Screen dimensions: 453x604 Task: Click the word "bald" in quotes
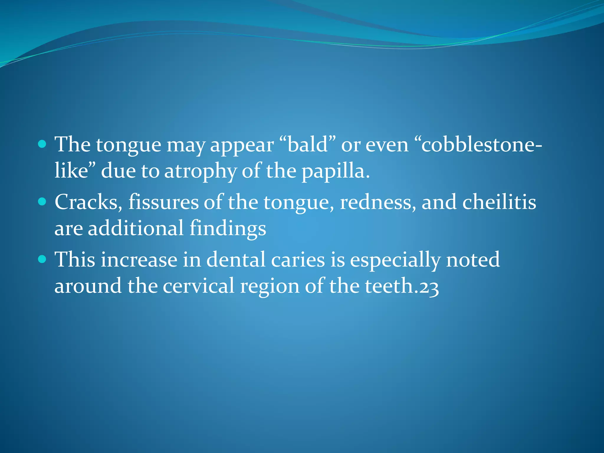point(307,145)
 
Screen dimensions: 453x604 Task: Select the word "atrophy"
point(200,171)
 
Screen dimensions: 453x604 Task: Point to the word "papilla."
point(335,171)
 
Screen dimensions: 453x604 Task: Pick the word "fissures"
point(163,202)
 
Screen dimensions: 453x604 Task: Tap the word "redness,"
point(377,202)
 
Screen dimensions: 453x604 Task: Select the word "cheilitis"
point(499,202)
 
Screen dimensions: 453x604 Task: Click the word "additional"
point(136,228)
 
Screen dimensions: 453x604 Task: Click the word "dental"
point(236,260)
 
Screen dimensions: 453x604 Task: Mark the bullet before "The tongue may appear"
point(42,144)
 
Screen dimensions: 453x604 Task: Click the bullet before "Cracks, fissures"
point(42,201)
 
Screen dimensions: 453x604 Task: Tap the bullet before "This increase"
point(42,259)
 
